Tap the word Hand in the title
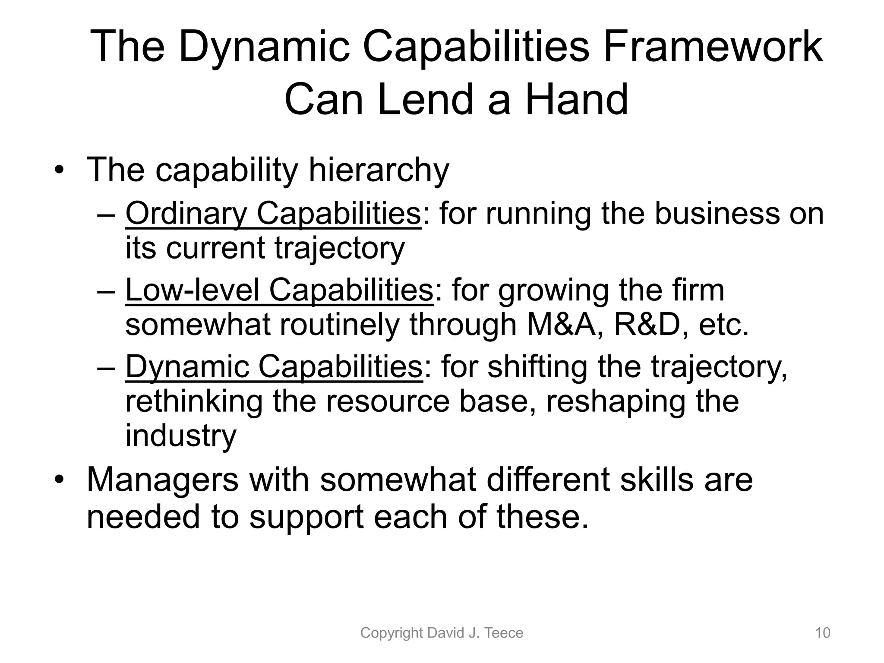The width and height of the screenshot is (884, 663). (x=577, y=99)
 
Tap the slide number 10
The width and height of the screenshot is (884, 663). (x=822, y=633)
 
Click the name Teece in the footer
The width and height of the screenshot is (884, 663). (x=504, y=633)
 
